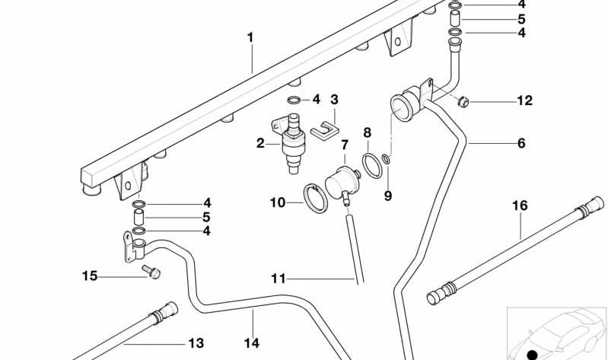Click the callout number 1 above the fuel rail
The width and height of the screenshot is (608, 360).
coord(250,36)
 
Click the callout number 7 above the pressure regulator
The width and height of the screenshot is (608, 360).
coord(344,144)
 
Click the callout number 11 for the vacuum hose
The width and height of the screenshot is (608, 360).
coord(279,279)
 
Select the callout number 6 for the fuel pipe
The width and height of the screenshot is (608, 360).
coord(521,143)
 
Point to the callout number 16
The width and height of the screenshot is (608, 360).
coord(520,205)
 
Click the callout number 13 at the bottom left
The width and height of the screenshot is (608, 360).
coord(196,343)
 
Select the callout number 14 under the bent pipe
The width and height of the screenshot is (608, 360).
coord(253,342)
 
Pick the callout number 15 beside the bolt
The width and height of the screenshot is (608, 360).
coord(90,276)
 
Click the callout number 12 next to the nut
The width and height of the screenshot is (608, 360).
coord(525,100)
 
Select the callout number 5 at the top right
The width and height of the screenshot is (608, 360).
coord(521,19)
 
